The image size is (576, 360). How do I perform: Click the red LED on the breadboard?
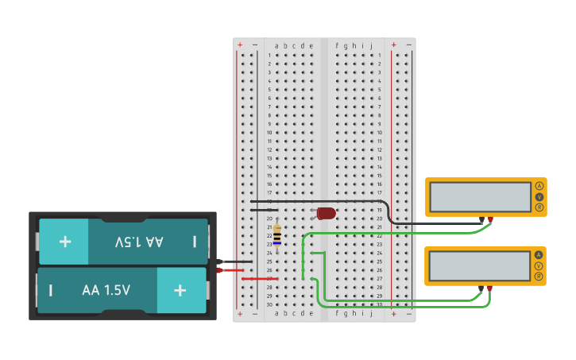326,213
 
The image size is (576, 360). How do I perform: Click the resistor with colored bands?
276,236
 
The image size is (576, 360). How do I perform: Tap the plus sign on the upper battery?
64,241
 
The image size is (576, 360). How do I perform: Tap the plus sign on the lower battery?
180,290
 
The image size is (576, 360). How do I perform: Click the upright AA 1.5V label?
106,290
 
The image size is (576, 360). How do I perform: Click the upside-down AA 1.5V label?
139,241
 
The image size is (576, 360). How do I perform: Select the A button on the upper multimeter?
539,186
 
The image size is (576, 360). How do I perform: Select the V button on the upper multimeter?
539,196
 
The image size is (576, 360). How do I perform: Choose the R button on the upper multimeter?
539,207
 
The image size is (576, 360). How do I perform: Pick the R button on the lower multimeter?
539,277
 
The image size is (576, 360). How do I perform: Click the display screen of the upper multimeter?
480,197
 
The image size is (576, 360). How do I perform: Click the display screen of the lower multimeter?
480,266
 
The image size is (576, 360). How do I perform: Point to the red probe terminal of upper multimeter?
490,219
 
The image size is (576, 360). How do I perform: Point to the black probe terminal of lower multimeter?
481,288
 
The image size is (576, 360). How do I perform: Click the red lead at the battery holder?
220,270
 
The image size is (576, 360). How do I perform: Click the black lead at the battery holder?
220,261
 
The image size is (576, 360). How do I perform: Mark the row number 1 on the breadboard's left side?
269,56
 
